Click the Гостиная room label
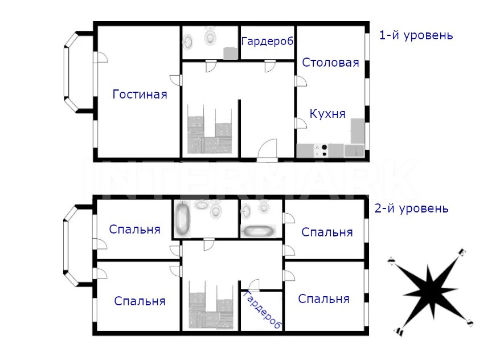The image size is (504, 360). (x=140, y=95)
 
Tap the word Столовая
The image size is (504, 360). (x=330, y=63)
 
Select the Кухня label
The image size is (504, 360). (x=327, y=114)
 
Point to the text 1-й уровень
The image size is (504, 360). (x=416, y=35)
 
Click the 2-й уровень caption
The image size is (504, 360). (x=411, y=208)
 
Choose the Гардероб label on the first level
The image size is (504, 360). (x=267, y=41)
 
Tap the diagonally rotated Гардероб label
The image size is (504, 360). (x=263, y=310)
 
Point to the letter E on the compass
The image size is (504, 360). (x=462, y=252)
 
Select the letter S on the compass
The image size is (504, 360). (x=470, y=322)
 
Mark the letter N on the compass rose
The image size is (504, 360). (x=391, y=261)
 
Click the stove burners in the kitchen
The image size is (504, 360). (x=324, y=151)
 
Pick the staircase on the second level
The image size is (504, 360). (x=211, y=305)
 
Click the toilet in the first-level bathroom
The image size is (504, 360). (x=210, y=36)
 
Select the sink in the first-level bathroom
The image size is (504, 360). (x=188, y=42)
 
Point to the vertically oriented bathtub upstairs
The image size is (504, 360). (x=182, y=219)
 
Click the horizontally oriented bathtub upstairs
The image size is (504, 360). (x=259, y=231)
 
